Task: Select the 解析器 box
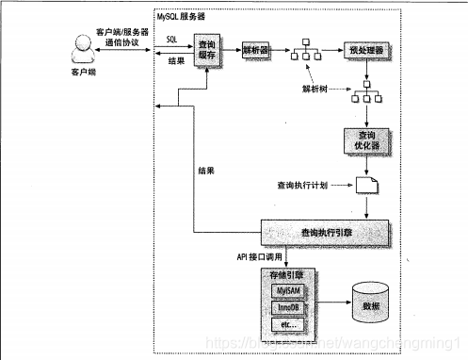coord(258,49)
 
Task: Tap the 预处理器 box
coord(362,49)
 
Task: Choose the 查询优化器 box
coord(362,140)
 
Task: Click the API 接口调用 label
coord(232,254)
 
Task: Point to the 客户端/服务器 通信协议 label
coord(118,38)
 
